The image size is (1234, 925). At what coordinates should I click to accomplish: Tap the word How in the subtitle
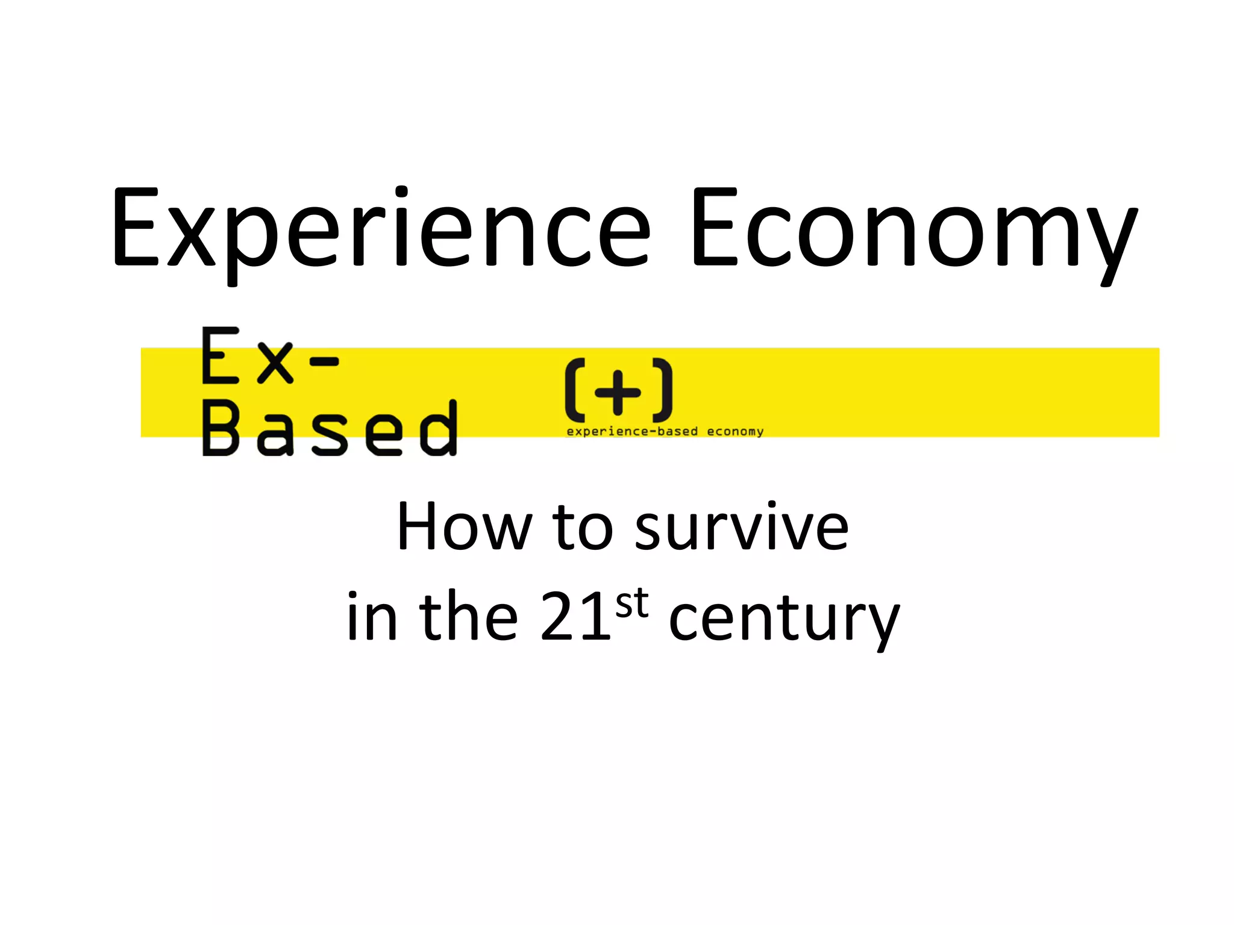465,528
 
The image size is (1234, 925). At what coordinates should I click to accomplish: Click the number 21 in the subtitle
576,617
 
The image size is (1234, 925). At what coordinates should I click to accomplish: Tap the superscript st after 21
632,604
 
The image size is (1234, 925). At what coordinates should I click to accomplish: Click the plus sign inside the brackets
618,392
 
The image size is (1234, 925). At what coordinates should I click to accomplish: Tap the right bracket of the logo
663,390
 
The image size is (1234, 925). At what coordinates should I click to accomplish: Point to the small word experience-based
632,431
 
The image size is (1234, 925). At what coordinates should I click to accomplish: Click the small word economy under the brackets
735,431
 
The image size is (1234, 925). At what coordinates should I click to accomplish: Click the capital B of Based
221,428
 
